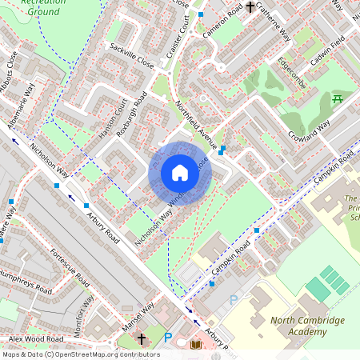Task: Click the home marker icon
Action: click(180, 174)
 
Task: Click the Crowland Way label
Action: click(308, 127)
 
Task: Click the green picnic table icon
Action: click(337, 99)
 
